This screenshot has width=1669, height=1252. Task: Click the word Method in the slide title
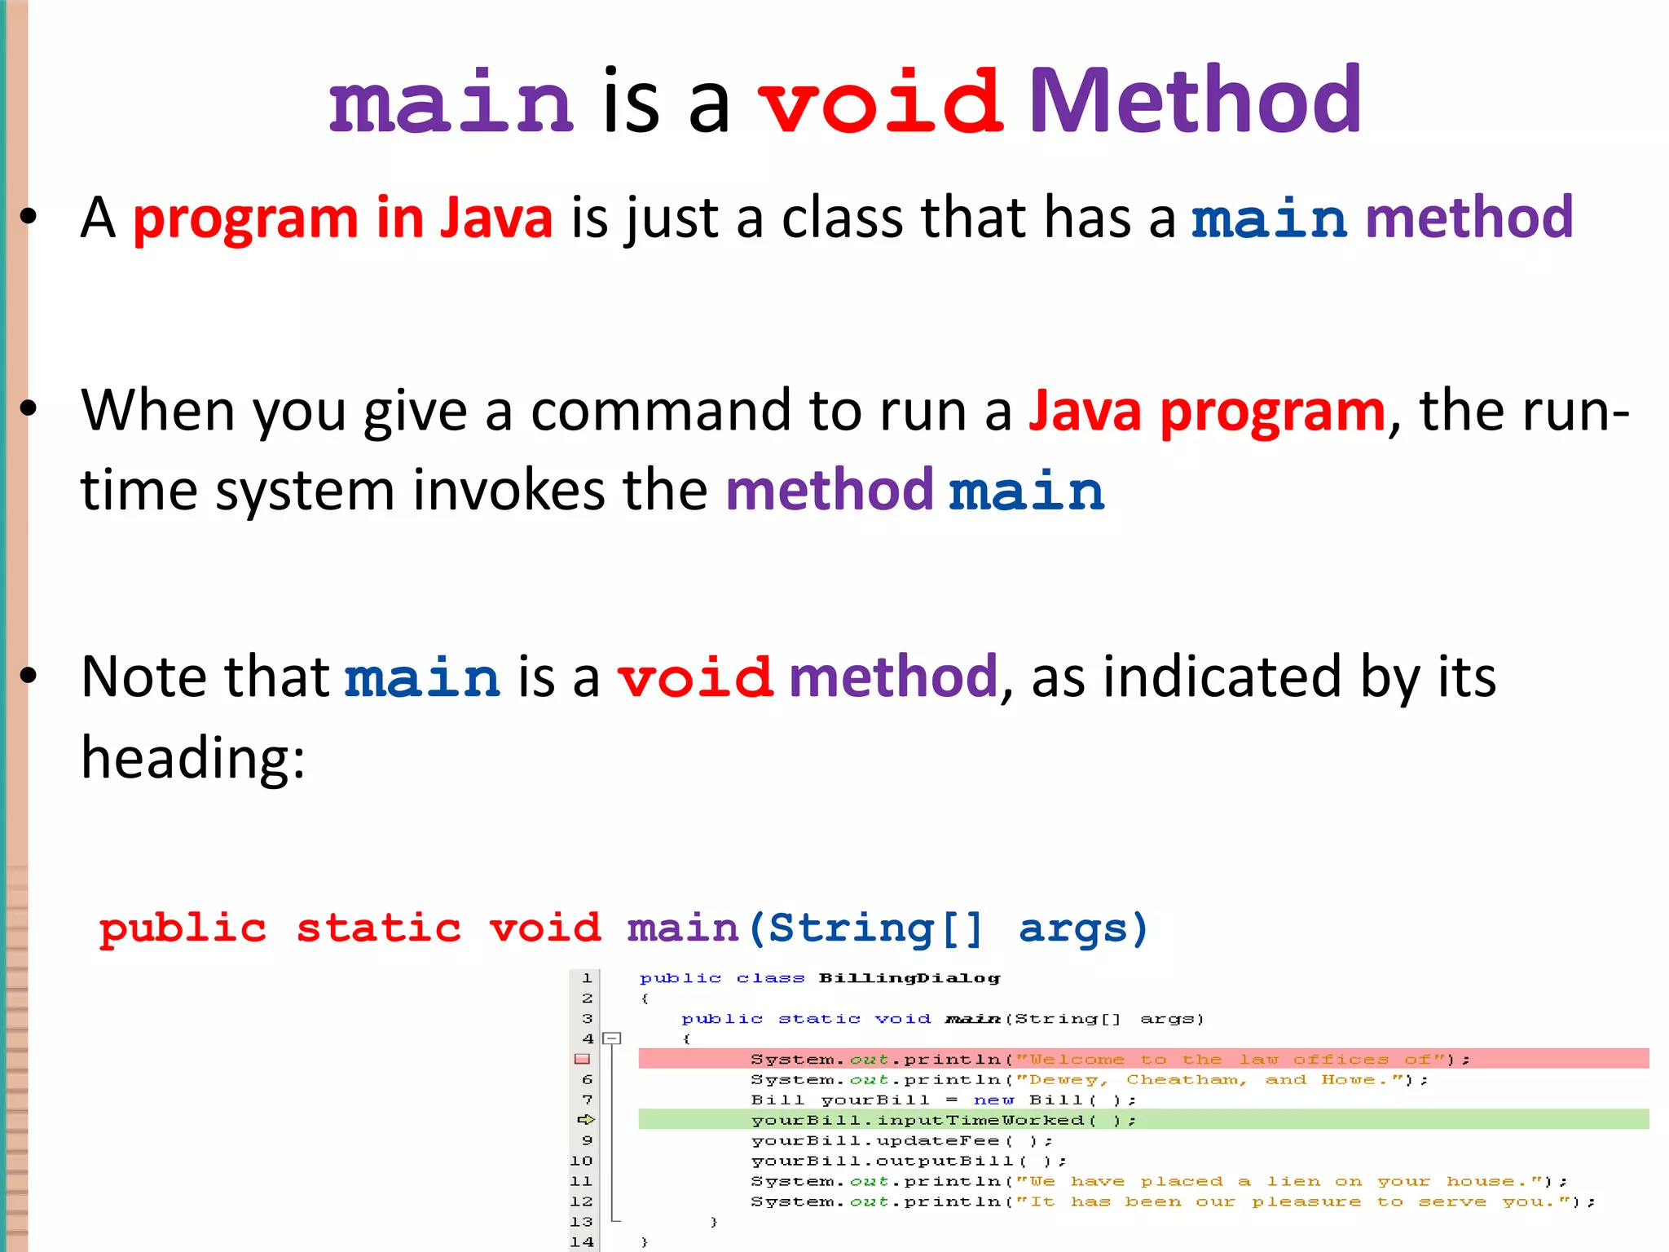pyautogui.click(x=1194, y=101)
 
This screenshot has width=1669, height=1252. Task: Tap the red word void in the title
pyautogui.click(x=880, y=103)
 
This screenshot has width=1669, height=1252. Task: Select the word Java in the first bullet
pyautogui.click(x=495, y=218)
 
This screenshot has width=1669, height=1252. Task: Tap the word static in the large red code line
pyautogui.click(x=378, y=928)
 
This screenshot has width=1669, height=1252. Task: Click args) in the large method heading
pyautogui.click(x=1083, y=928)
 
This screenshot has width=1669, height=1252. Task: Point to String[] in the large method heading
pyautogui.click(x=876, y=928)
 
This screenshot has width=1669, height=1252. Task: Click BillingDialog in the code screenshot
pyautogui.click(x=909, y=978)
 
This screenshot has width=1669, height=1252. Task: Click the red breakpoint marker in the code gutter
pyautogui.click(x=582, y=1059)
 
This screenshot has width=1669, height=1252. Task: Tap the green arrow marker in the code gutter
pyautogui.click(x=585, y=1120)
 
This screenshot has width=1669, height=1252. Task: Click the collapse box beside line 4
pyautogui.click(x=612, y=1038)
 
